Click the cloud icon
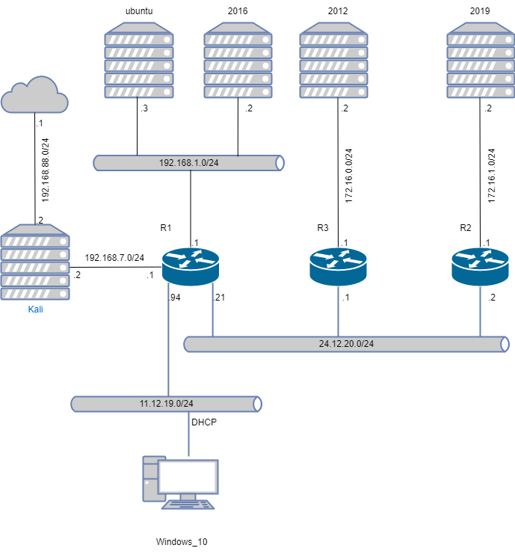34,95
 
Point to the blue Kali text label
35,309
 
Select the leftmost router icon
191,266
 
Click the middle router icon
338,266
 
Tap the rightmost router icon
480,266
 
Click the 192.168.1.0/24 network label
188,163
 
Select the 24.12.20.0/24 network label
346,344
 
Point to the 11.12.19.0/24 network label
166,404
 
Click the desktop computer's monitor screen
188,476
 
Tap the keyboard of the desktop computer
188,505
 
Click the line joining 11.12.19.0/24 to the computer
188,434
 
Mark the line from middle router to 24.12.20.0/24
338,311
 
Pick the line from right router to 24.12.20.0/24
480,311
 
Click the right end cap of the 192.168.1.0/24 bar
280,163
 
